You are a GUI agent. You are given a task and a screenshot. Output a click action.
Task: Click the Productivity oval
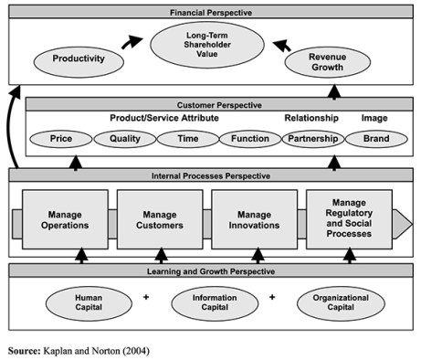tap(78, 61)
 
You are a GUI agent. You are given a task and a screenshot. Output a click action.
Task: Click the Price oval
tap(62, 140)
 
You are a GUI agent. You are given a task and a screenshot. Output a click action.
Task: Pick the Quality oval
tap(125, 140)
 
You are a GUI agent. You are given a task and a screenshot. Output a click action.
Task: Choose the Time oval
tap(186, 140)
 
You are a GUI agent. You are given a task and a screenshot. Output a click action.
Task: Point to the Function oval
tap(248, 140)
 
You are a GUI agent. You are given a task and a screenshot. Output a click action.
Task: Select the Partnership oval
tap(311, 140)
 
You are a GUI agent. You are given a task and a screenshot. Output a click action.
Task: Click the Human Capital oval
tap(88, 302)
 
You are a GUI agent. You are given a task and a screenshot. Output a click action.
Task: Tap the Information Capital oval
tap(214, 302)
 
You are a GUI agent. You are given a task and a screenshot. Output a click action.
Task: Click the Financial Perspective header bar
tap(211, 14)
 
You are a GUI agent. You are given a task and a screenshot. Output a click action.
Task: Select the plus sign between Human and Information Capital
tap(146, 297)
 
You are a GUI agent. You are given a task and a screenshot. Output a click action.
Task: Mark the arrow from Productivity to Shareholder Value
tap(132, 42)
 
